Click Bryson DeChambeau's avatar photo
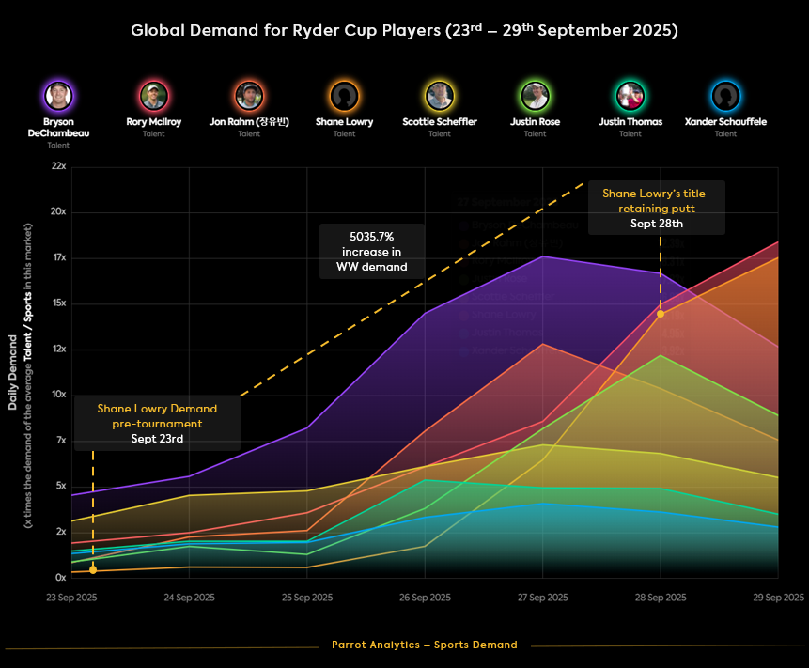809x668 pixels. click(x=58, y=95)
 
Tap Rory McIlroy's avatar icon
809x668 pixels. click(x=154, y=95)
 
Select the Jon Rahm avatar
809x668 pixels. click(x=249, y=95)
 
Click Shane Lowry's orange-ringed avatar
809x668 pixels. click(x=345, y=95)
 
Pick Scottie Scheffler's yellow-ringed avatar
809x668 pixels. click(x=440, y=95)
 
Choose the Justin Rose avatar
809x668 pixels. click(x=535, y=95)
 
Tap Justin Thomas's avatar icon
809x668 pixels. click(x=630, y=95)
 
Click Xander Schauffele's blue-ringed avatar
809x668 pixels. click(x=725, y=95)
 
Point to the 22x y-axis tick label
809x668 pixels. click(x=58, y=166)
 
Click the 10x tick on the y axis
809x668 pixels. click(x=58, y=395)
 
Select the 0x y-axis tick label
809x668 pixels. click(x=59, y=578)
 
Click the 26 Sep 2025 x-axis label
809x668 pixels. click(x=425, y=598)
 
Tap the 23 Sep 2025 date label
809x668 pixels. click(x=72, y=598)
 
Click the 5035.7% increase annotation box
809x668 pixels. click(x=371, y=251)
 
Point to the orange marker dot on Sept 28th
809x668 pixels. click(x=661, y=314)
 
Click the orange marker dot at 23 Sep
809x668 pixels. click(x=93, y=569)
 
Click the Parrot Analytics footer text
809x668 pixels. click(x=424, y=645)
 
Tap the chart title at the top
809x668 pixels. click(x=404, y=30)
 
